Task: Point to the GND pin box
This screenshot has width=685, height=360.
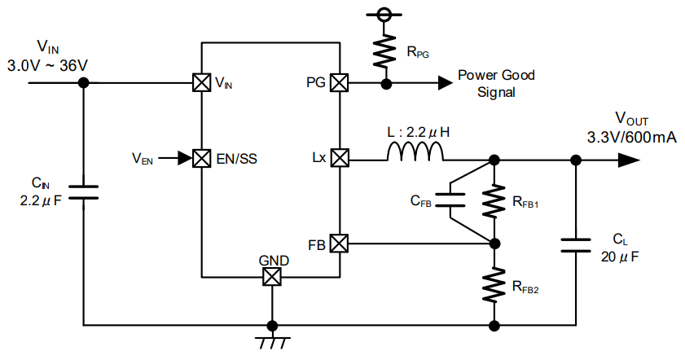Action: [x=271, y=277]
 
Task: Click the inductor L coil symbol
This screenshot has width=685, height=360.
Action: [x=415, y=151]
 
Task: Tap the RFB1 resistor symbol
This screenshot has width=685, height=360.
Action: [x=494, y=200]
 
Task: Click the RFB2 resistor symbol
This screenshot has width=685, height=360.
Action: [x=494, y=284]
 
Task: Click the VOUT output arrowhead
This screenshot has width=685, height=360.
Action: [x=628, y=160]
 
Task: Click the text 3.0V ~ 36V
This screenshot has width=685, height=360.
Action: [x=46, y=64]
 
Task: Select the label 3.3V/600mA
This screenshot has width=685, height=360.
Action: [x=632, y=138]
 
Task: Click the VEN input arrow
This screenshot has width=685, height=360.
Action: [x=173, y=157]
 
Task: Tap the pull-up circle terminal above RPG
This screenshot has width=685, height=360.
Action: [x=385, y=14]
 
